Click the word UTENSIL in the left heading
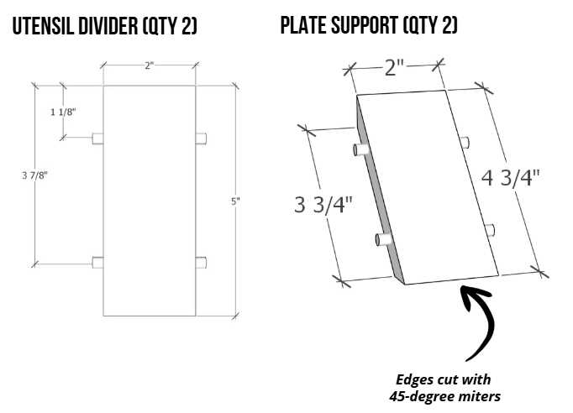41,27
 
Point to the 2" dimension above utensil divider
149,65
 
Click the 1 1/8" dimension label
62,112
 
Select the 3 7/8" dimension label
34,175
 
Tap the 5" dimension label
236,201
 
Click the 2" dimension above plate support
395,67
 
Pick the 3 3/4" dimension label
323,204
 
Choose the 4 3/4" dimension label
510,177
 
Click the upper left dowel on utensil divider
97,139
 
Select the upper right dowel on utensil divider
202,139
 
